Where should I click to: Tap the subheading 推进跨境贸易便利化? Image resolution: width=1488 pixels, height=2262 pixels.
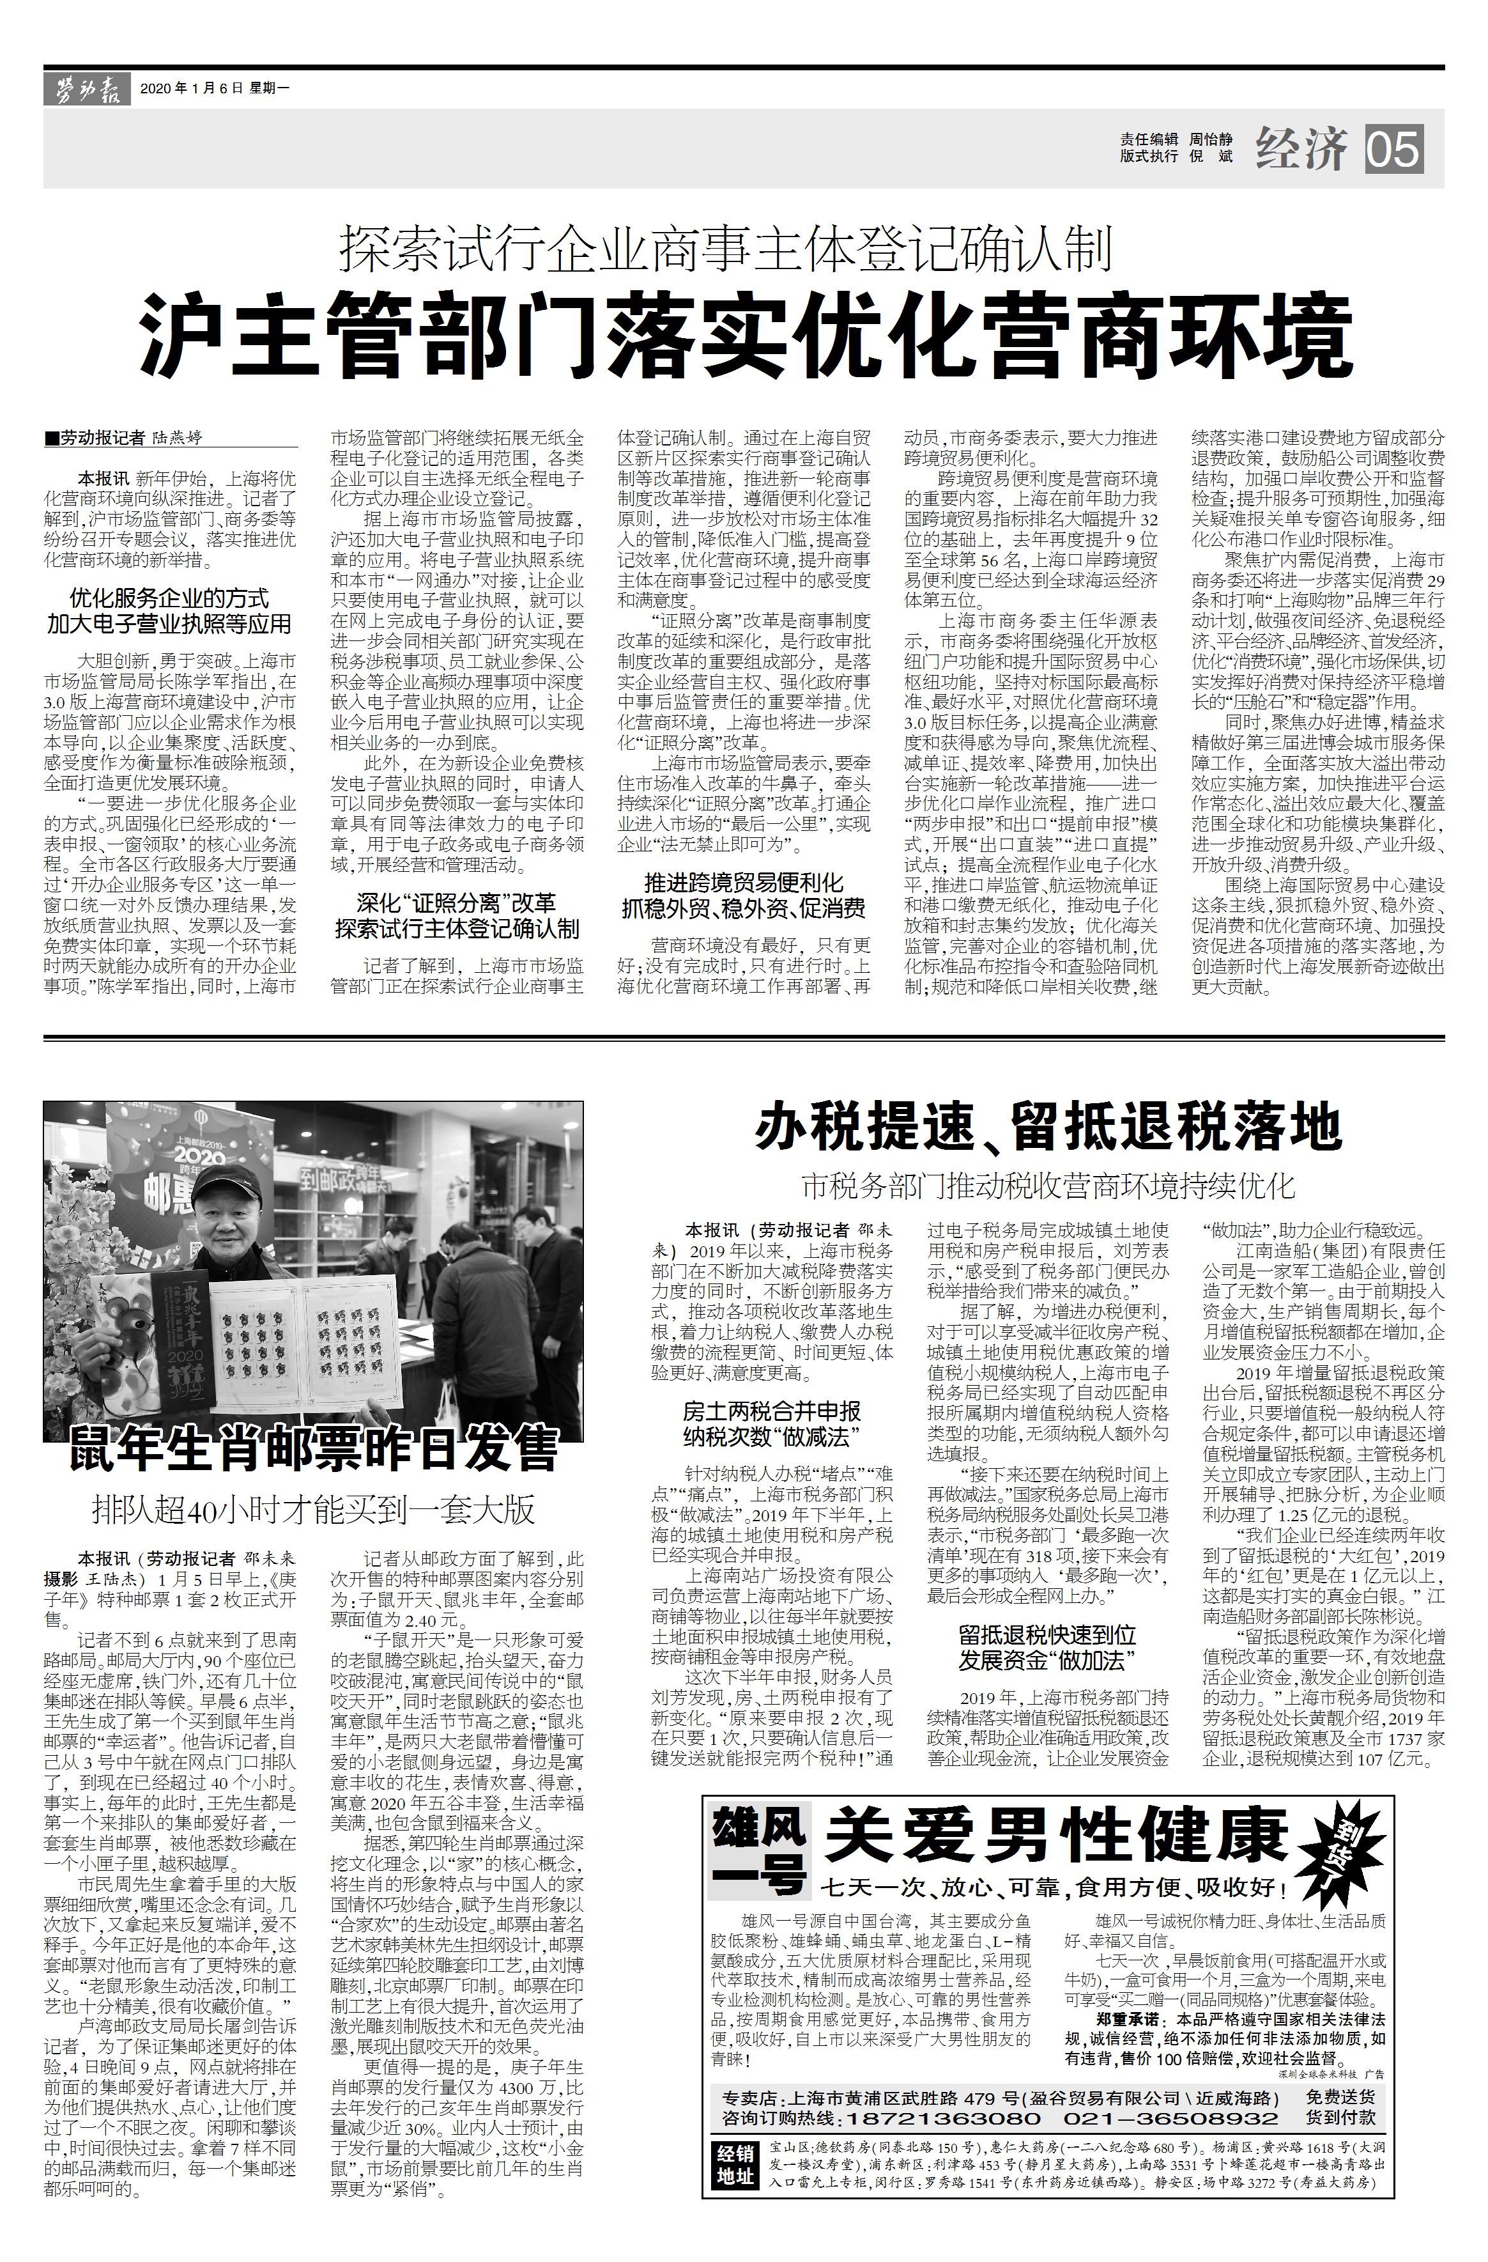click(743, 882)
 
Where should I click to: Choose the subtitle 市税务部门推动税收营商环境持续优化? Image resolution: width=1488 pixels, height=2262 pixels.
click(1047, 1185)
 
